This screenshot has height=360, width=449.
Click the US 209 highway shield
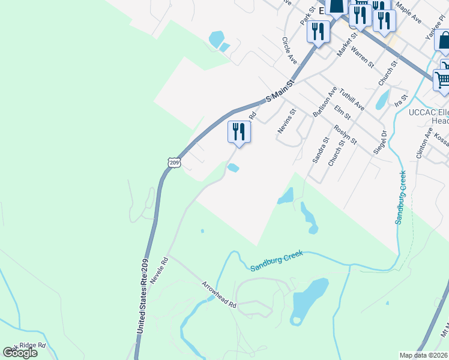[173, 162]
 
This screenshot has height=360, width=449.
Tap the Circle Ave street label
[290, 51]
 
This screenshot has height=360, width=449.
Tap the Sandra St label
[321, 149]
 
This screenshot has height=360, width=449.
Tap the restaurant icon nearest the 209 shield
[239, 131]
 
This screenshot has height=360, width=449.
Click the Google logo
[20, 352]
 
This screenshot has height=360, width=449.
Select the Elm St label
[342, 112]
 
